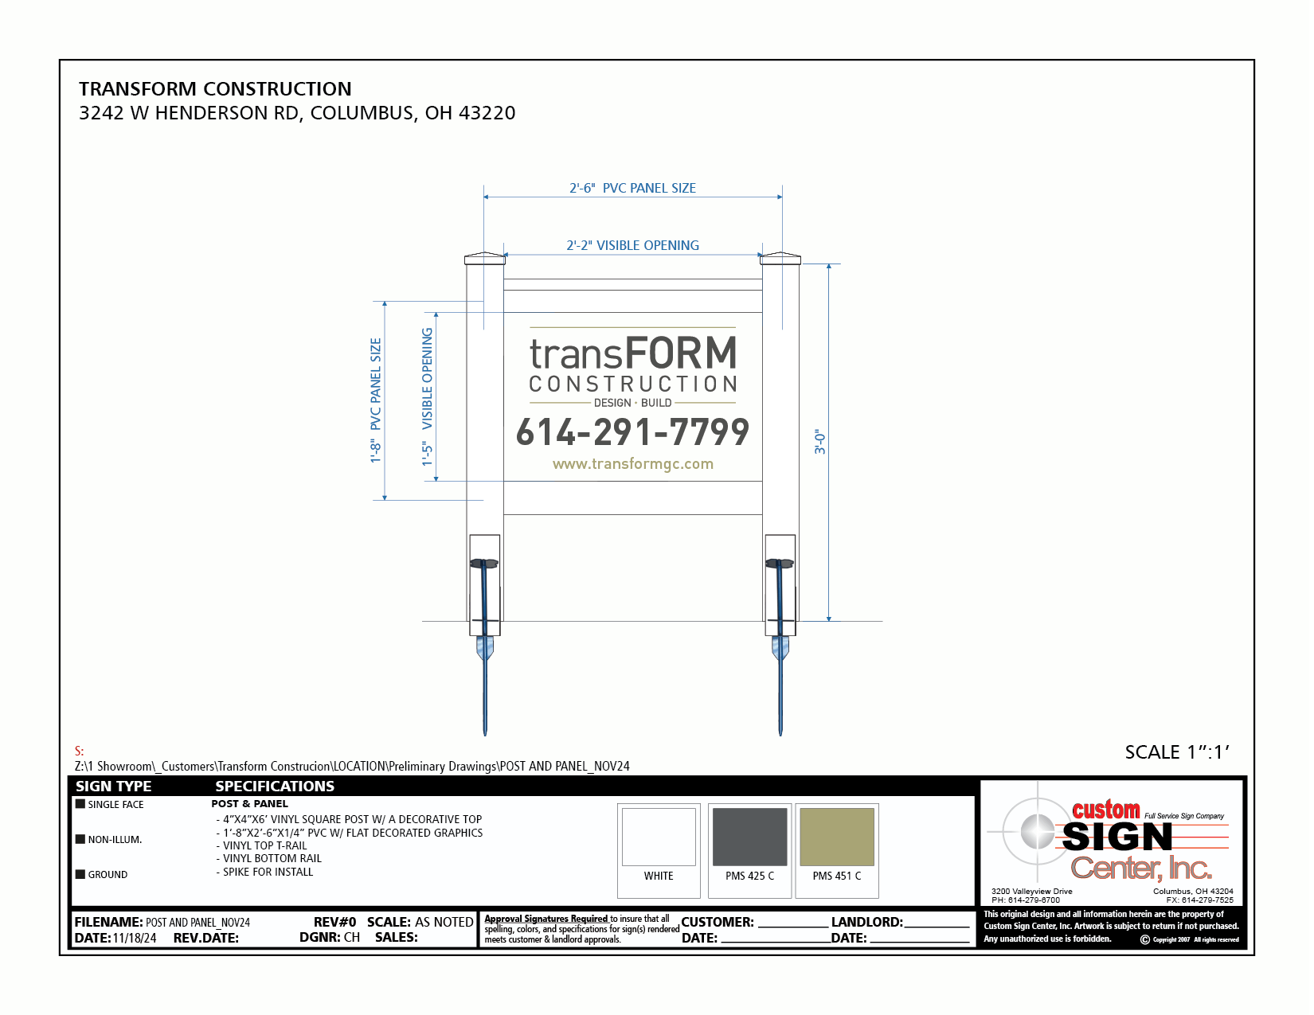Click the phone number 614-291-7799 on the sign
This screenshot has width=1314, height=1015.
[x=632, y=432]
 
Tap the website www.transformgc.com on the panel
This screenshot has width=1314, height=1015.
[x=632, y=464]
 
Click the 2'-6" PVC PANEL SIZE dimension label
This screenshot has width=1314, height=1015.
[x=632, y=189]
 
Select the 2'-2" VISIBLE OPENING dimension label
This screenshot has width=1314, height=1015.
[x=632, y=246]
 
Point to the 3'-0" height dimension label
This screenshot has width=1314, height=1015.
[x=819, y=442]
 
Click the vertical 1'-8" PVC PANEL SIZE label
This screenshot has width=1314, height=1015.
[x=376, y=400]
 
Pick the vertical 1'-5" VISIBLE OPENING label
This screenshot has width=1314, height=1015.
[x=428, y=396]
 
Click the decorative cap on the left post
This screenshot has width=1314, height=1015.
[x=485, y=258]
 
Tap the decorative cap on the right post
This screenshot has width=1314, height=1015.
[x=780, y=258]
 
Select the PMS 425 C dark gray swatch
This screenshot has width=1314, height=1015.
[x=749, y=837]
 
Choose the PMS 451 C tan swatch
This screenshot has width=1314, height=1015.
[x=837, y=837]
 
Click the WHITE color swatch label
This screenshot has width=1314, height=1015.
[x=659, y=876]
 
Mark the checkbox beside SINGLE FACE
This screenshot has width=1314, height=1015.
[x=80, y=804]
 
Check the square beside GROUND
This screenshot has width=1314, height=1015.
[x=80, y=874]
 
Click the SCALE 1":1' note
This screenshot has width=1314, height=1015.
[x=1177, y=752]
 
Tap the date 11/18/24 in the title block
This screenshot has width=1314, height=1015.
[x=135, y=939]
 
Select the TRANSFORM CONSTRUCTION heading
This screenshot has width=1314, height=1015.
[x=215, y=89]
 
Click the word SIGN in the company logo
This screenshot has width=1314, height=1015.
[x=1117, y=837]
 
